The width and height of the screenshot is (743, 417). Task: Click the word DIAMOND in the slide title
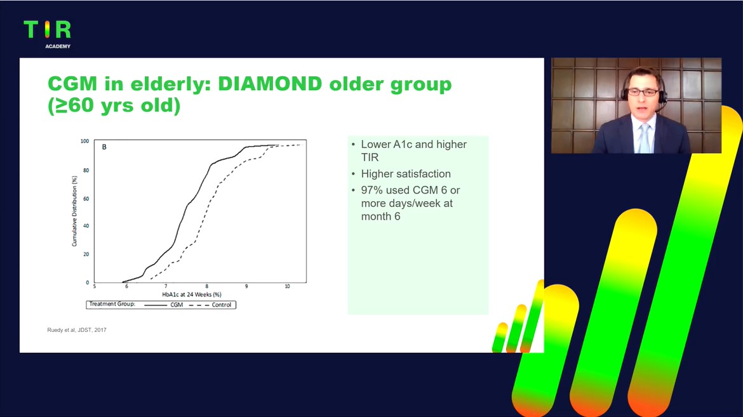[x=270, y=84]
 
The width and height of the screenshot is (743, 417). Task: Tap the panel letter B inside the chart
[x=104, y=147]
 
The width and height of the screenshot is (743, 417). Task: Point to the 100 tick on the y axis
[x=85, y=141]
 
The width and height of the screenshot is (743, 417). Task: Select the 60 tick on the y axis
[x=86, y=199]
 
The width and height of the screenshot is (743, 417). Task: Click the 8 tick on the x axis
[x=206, y=286]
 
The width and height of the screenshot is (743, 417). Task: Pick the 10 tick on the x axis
[x=287, y=286]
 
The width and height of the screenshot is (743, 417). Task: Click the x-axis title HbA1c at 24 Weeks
[x=191, y=295]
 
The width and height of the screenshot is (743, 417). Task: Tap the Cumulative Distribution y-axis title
[x=74, y=211]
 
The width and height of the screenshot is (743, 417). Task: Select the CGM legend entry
[x=163, y=305]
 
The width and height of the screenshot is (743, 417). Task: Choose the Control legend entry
[x=210, y=305]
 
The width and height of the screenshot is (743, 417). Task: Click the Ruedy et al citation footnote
[x=77, y=330]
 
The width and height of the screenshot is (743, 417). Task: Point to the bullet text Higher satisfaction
[x=406, y=174]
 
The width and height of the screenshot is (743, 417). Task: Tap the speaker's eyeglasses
[x=643, y=93]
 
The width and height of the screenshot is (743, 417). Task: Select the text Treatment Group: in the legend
[x=112, y=304]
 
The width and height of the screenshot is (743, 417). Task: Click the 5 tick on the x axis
[x=94, y=286]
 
